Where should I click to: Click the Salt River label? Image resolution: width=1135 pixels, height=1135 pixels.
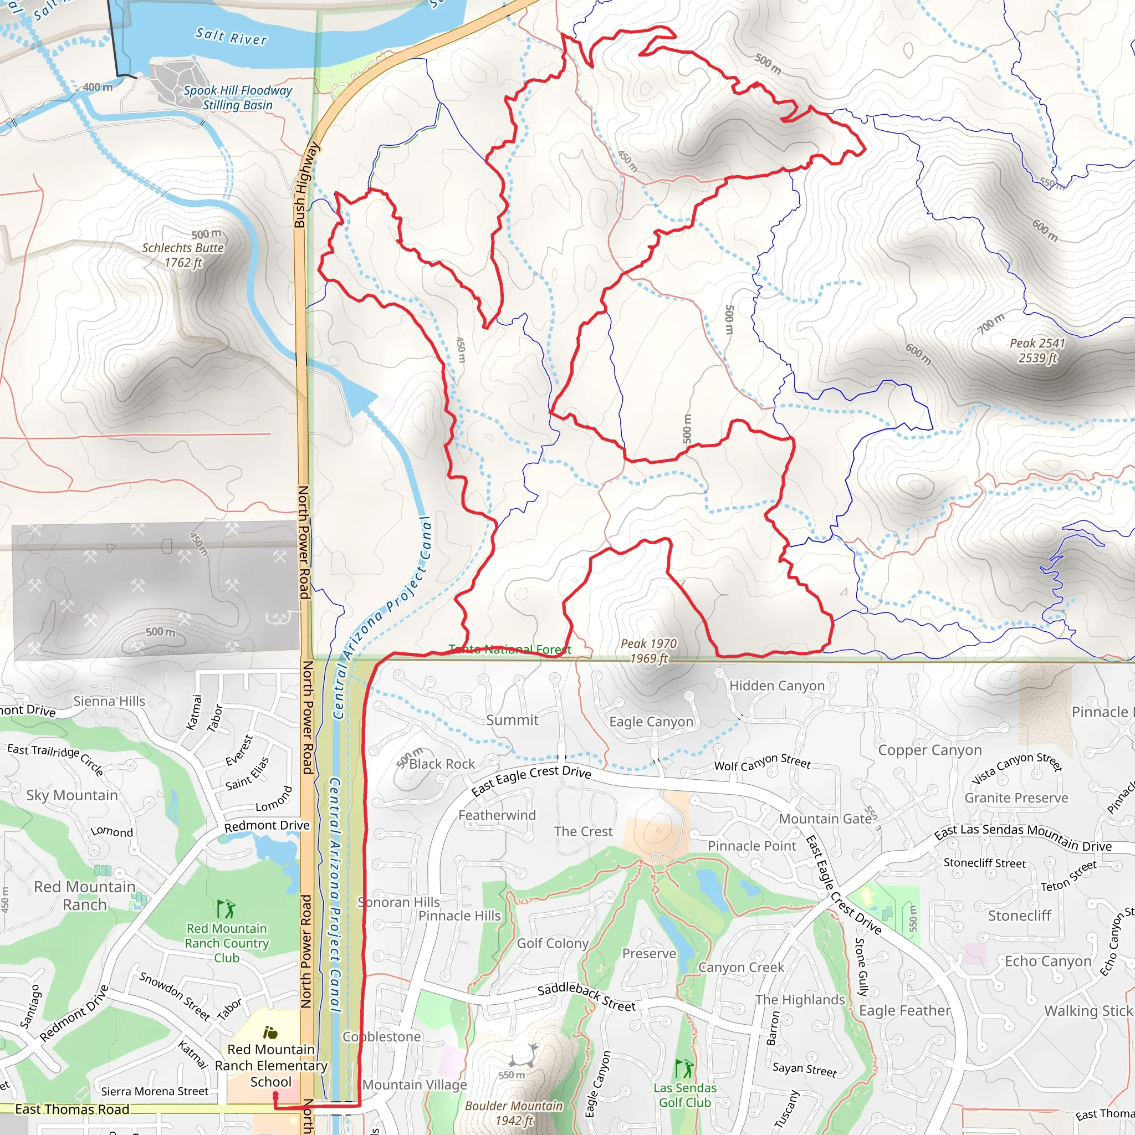coord(231,37)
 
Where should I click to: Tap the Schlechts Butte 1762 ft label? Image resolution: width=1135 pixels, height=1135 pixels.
coord(183,255)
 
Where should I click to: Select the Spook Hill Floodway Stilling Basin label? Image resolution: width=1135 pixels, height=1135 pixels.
coord(237,98)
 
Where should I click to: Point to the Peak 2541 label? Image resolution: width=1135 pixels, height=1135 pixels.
coord(1037,350)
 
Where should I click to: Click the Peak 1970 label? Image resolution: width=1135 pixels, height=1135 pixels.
coord(648,650)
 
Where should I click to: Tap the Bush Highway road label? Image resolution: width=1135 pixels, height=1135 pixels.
coord(306,185)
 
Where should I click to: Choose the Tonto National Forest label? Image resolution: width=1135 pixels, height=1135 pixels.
coord(509,649)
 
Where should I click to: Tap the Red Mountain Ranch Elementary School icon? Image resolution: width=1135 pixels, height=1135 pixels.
coord(270,1032)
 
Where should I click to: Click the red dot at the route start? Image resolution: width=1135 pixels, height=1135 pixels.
coord(275,1095)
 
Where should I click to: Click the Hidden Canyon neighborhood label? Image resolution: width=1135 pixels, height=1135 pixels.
coord(776,686)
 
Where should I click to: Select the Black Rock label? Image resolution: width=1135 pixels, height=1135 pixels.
coord(442,764)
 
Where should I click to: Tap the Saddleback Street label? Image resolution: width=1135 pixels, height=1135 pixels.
coord(586,997)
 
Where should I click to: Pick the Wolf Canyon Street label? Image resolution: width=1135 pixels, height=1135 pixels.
coord(762,763)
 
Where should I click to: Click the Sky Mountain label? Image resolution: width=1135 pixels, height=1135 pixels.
coord(71,795)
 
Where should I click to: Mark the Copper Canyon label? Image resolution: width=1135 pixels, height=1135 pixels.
coord(930,750)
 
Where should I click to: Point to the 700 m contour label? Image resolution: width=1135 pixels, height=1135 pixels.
coord(991,324)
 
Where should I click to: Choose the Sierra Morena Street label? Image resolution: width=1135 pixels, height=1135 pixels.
coord(155,1091)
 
